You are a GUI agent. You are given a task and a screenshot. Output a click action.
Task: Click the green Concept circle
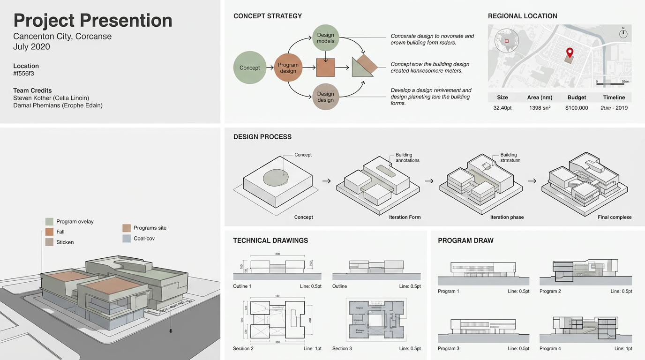tap(249, 67)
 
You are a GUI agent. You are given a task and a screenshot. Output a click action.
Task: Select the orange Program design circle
tap(288, 67)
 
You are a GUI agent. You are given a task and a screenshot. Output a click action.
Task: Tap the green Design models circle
tap(325, 38)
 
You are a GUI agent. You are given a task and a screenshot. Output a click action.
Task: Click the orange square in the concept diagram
tap(326, 67)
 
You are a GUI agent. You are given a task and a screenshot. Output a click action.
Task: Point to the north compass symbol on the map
tap(623, 34)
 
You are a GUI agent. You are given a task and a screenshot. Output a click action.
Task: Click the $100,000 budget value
tap(577, 108)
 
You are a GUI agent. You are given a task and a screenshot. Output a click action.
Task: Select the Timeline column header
tap(614, 97)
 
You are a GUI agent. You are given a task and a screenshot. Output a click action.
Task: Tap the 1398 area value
tap(540, 108)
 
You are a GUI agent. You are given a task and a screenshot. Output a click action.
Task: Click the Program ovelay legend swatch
tap(49, 222)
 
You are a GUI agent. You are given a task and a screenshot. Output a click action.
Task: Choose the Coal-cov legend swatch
tap(126, 239)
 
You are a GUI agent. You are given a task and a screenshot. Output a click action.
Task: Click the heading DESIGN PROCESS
tap(262, 137)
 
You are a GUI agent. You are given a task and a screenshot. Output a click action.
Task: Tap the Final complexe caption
tap(615, 217)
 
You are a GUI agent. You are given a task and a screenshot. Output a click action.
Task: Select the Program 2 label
tap(550, 291)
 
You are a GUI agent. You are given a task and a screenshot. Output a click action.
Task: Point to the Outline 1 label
tap(242, 286)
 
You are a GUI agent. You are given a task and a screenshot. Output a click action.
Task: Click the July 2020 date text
tap(31, 47)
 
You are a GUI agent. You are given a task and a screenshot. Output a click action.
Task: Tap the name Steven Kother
tap(32, 98)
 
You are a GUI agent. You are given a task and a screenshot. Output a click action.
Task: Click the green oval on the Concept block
tap(276, 177)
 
